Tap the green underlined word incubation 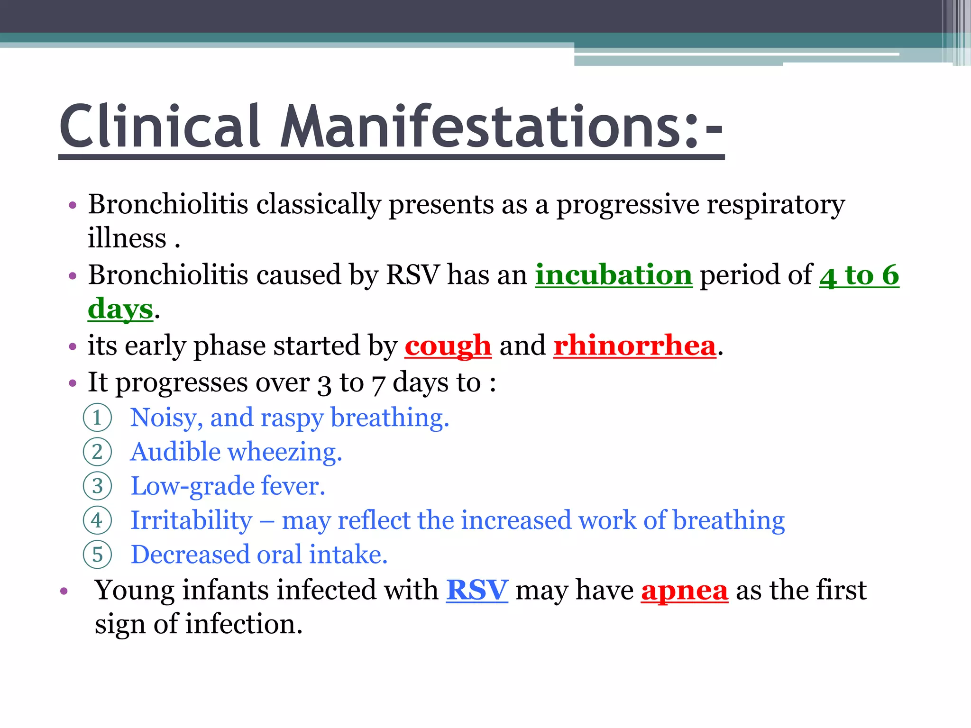click(x=614, y=275)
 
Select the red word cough click(x=448, y=346)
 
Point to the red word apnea click(x=684, y=591)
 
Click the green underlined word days click(x=120, y=309)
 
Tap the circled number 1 click(x=97, y=418)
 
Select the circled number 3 click(x=97, y=486)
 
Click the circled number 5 click(x=97, y=555)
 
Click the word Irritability click(x=192, y=520)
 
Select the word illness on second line click(x=127, y=238)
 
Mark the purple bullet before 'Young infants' click(x=64, y=591)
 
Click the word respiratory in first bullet click(x=776, y=205)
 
